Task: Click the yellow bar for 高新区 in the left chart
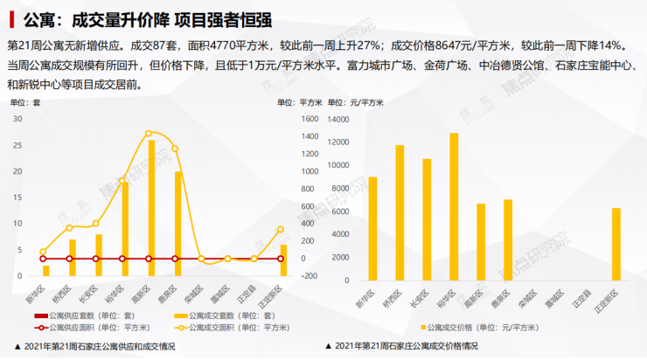click(151, 208)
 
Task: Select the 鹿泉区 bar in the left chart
click(177, 224)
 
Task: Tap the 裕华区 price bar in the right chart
click(454, 204)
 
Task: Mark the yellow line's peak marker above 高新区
click(150, 134)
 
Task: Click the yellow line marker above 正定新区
click(280, 230)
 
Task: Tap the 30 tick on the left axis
click(18, 119)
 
